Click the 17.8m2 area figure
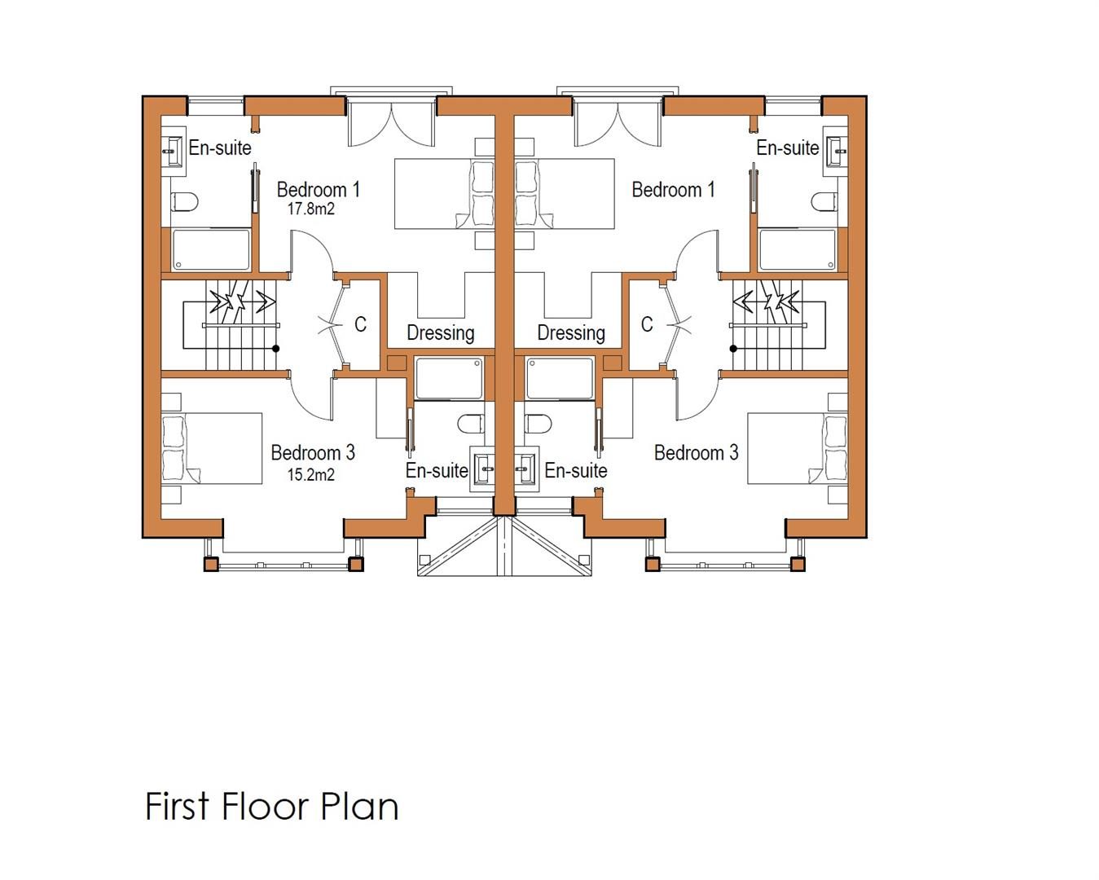coord(311,209)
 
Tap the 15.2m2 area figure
coord(311,474)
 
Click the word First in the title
coord(178,807)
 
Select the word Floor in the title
coord(265,807)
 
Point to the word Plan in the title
coord(359,807)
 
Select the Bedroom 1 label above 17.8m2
coord(319,190)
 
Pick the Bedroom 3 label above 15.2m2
coord(313,452)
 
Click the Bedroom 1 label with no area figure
coord(674,190)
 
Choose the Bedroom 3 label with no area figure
coord(697,452)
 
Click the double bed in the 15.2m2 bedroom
coord(212,448)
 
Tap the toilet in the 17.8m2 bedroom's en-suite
coord(184,202)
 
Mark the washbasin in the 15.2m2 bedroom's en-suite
coord(482,469)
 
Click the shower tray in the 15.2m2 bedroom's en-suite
coord(449,378)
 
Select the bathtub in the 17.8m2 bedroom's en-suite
coord(211,249)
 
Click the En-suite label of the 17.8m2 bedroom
coord(220,147)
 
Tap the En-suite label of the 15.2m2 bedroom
coord(437,470)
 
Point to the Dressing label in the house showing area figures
coord(441,333)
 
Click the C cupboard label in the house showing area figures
coord(361,324)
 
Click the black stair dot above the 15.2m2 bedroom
coord(276,349)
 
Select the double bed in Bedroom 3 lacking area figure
coord(798,448)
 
